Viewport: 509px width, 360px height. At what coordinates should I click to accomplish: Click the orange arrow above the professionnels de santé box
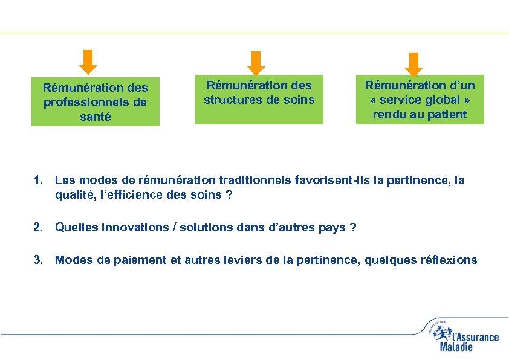(89, 61)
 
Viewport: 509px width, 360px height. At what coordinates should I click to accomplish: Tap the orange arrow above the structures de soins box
(258, 63)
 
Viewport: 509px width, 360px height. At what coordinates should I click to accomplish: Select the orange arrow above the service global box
(414, 64)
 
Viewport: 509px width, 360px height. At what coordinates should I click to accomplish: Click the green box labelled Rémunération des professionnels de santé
(96, 101)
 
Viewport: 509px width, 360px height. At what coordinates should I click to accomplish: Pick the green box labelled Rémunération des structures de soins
(259, 99)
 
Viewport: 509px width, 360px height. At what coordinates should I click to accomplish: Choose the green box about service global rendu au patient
(420, 99)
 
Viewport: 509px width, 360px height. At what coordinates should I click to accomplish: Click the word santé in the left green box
(96, 117)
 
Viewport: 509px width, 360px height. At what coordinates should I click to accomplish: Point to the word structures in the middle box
(232, 100)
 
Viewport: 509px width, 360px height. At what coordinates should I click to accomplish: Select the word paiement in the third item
(121, 260)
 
